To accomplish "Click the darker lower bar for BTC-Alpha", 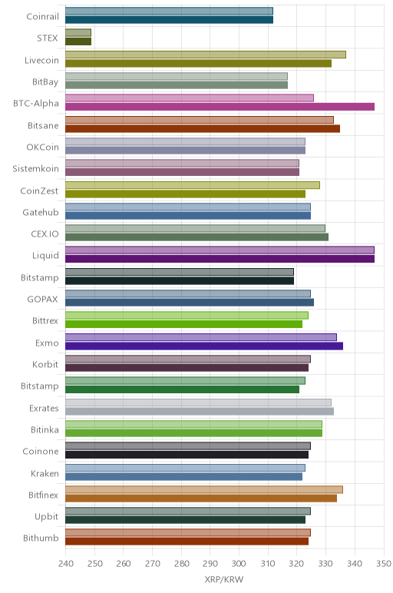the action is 220,107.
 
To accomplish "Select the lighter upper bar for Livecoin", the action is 206,55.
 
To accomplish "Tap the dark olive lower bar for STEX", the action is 78,41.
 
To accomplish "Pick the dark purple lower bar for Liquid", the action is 220,259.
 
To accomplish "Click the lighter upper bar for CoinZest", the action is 193,185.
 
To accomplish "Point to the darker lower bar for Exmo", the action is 204,346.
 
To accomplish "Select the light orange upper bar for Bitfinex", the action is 204,489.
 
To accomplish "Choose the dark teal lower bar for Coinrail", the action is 170,20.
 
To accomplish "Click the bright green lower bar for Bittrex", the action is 183,324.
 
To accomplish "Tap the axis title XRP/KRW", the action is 224,579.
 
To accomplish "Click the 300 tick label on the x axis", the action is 239,564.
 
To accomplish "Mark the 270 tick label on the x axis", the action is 152,564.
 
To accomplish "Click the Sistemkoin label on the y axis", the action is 35,169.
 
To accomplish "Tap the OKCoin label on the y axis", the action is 43,147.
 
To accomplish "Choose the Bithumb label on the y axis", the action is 41,538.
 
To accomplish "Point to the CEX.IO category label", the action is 45,234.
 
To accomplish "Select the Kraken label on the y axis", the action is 45,473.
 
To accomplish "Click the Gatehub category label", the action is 41,212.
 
